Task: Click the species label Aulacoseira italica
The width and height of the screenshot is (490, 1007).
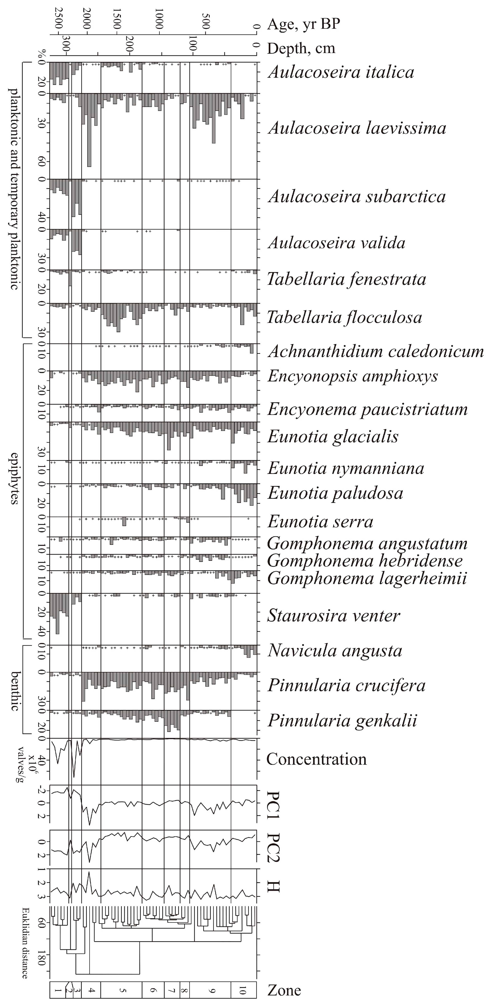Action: (x=340, y=72)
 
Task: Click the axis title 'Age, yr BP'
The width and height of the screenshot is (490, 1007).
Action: (x=303, y=24)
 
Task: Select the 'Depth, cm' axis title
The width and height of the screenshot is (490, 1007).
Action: (x=301, y=48)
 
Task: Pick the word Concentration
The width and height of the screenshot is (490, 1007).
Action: (x=316, y=759)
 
